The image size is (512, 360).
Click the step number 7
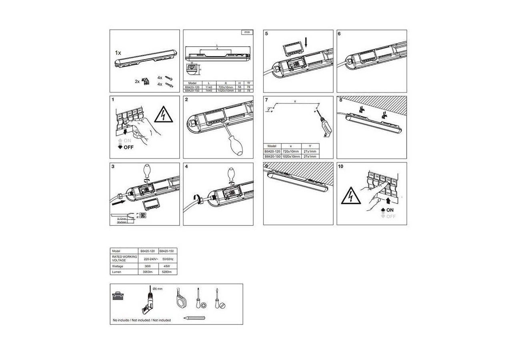pos(266,100)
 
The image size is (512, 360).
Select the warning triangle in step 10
pos(351,196)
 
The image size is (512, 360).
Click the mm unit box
pos(247,32)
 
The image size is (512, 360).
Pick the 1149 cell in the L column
pos(208,87)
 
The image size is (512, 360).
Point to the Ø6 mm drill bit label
pos(158,288)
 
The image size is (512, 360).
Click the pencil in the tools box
pos(194,318)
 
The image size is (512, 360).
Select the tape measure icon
pos(180,300)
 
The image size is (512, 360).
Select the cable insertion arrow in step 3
pos(119,203)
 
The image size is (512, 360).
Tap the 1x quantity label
pos(118,53)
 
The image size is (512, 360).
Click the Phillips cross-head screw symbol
pos(204,306)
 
